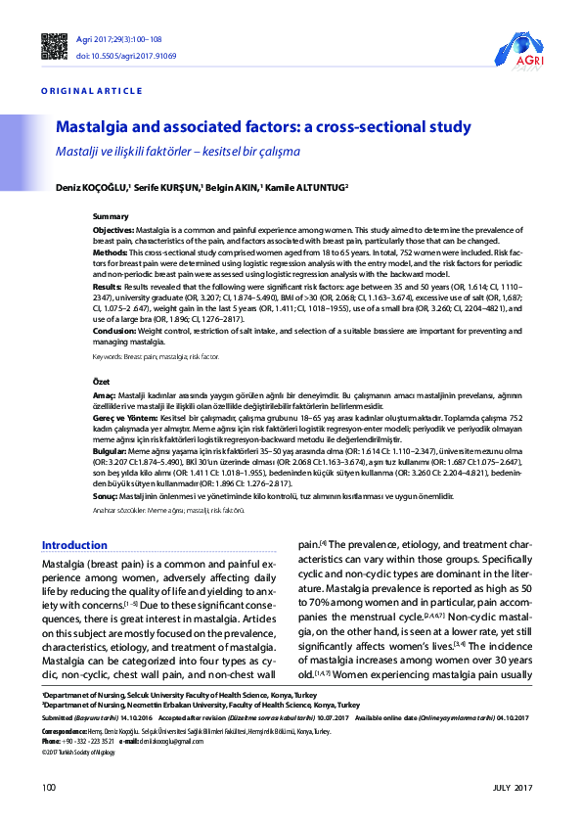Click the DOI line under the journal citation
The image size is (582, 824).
[112, 56]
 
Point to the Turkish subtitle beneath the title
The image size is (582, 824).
[177, 152]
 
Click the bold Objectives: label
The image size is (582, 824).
[113, 227]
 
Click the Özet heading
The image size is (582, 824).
[101, 379]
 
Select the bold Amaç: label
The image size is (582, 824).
[105, 390]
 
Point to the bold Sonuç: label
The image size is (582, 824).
[106, 497]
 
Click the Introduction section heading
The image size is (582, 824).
[74, 545]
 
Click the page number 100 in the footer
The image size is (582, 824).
[49, 788]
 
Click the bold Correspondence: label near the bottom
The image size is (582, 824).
[65, 731]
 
